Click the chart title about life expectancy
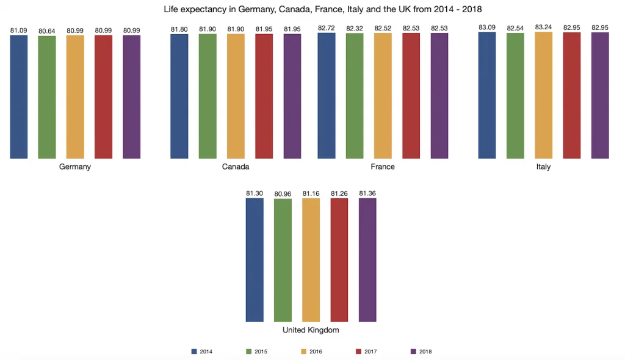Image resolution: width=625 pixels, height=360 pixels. [312, 10]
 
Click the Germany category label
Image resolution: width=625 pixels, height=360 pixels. [75, 167]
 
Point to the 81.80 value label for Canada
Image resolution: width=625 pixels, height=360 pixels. [179, 29]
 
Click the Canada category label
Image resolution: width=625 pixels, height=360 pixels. [236, 167]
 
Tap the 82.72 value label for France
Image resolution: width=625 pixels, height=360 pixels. [327, 28]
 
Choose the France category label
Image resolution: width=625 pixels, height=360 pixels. [383, 167]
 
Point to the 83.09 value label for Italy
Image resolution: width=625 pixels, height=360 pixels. [487, 27]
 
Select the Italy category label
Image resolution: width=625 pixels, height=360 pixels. [543, 167]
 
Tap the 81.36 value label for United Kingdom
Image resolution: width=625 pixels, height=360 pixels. [367, 193]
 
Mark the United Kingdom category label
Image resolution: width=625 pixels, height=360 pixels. [311, 330]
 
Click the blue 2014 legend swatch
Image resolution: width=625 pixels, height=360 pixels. [195, 351]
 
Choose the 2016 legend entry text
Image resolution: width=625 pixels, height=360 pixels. [316, 351]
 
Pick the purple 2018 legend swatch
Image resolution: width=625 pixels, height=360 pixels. [413, 351]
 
